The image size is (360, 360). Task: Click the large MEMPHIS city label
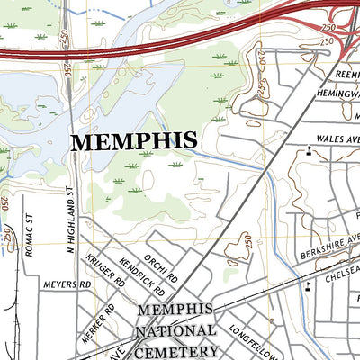point(133,141)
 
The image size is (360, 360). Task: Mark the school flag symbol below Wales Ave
point(310,151)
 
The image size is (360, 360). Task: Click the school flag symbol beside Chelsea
point(309,287)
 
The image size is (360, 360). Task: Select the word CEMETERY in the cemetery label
point(177,350)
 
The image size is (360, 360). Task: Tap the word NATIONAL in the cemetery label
point(177,330)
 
